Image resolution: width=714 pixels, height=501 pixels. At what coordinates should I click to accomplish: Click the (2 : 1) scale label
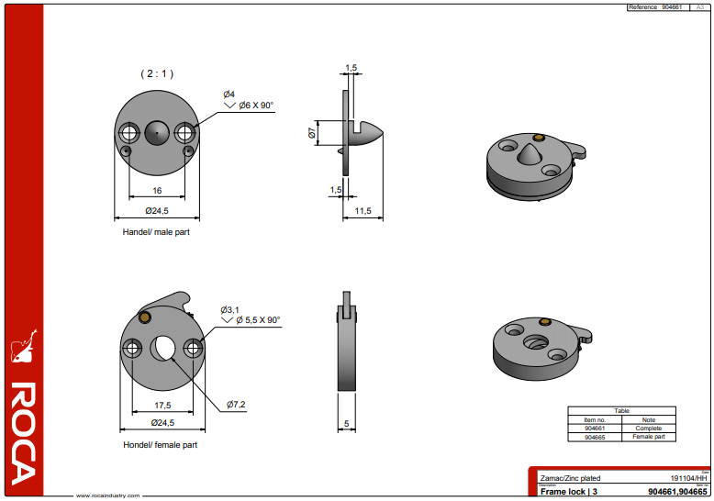pos(157,73)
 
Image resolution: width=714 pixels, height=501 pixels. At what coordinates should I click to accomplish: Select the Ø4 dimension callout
pos(229,95)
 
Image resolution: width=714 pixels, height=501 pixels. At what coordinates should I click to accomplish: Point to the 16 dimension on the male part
pos(157,191)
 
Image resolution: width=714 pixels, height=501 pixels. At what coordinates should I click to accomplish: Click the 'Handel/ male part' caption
pos(156,232)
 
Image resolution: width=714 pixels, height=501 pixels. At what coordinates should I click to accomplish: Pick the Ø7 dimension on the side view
pos(312,134)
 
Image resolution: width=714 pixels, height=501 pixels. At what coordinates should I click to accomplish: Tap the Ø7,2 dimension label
pos(237,404)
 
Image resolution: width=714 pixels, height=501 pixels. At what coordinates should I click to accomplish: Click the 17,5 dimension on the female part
pos(162,405)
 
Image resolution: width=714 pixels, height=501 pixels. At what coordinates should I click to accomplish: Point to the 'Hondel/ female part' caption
pos(160,445)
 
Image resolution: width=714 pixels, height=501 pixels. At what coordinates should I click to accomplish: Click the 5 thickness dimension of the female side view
pos(345,424)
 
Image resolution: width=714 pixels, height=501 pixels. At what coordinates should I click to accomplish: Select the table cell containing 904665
pos(595,437)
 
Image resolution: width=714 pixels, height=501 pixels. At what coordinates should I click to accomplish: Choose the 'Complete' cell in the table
pos(649,429)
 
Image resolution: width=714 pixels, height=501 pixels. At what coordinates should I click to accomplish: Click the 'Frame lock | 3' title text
pos(569,492)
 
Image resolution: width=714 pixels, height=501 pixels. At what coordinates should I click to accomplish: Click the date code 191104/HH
pos(689,478)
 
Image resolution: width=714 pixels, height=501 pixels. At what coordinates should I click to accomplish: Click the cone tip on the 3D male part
pos(534,144)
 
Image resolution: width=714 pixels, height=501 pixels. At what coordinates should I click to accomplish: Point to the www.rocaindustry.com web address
pos(107,495)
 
